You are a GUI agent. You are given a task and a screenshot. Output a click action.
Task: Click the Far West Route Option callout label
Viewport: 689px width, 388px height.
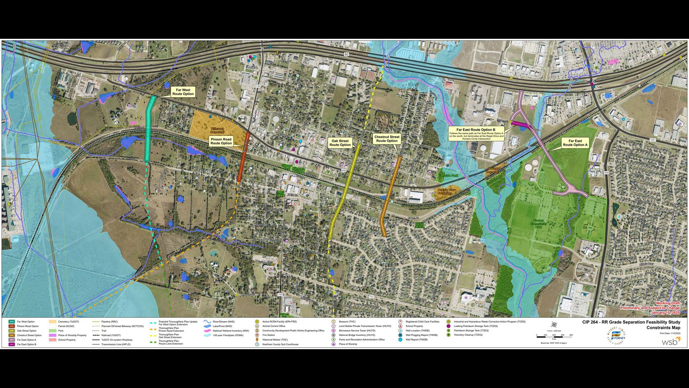tap(183, 92)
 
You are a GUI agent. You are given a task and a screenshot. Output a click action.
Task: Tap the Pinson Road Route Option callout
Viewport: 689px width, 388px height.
tap(221, 141)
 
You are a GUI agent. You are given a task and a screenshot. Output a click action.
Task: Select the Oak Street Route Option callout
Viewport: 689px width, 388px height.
tap(340, 143)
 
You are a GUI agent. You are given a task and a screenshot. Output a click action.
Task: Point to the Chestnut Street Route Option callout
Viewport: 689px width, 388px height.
tap(386, 139)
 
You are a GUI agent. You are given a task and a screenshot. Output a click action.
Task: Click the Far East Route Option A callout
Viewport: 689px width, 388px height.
tap(575, 143)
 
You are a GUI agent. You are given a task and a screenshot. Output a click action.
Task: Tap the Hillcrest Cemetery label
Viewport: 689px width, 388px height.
tap(217, 130)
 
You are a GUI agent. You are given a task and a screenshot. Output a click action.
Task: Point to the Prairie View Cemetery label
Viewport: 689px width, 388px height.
tap(446, 191)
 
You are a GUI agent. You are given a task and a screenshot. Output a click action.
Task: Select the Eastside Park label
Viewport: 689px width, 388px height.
tap(448, 176)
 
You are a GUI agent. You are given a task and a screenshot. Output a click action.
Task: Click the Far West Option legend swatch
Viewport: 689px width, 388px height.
tap(11, 322)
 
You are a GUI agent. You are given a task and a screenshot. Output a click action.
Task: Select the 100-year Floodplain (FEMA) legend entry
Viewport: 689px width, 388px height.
tap(228, 335)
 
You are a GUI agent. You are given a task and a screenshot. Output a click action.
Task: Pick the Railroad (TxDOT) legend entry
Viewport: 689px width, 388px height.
tap(111, 335)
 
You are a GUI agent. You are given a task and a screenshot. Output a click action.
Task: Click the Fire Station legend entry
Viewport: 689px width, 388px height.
tap(268, 335)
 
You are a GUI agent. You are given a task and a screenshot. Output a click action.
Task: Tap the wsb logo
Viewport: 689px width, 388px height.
tap(671, 341)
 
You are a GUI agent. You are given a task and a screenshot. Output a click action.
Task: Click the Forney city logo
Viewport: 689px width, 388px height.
tap(617, 336)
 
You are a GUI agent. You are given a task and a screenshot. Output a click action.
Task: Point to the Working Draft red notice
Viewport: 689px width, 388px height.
tap(668, 304)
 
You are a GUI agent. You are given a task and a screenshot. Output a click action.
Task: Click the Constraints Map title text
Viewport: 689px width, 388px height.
tap(663, 328)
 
